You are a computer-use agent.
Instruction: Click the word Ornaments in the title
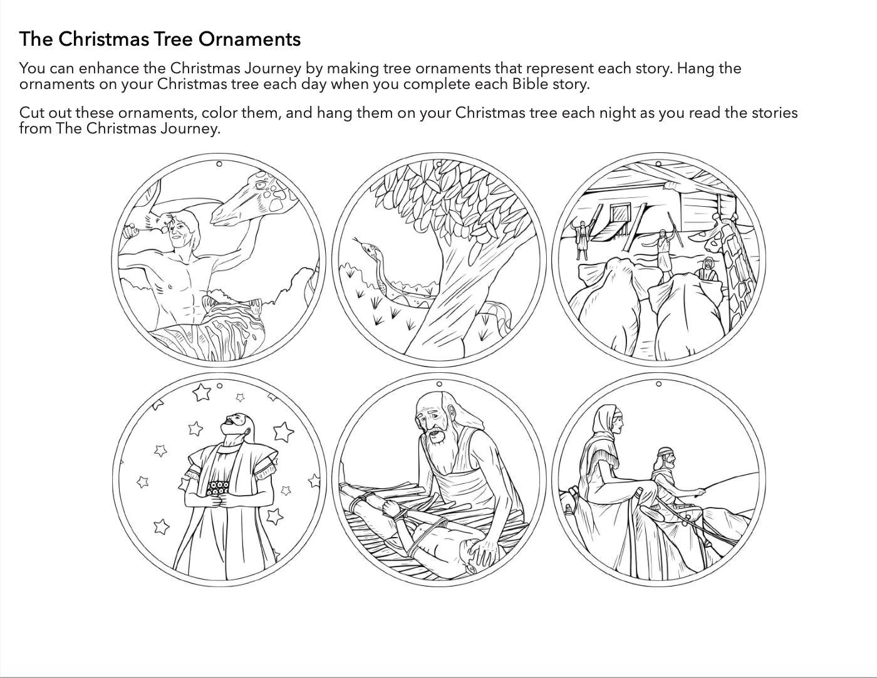[x=249, y=39]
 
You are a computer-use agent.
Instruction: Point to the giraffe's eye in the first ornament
[x=262, y=185]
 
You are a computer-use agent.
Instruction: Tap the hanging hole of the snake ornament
[x=439, y=164]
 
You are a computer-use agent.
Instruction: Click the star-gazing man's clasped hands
[x=220, y=502]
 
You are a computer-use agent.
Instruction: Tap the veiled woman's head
[x=609, y=422]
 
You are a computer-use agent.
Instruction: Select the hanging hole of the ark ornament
[x=658, y=164]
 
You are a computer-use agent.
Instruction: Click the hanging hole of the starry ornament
[x=219, y=386]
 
